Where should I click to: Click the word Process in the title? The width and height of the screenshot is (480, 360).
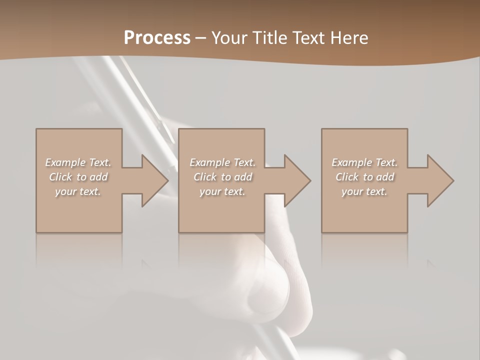pos(157,37)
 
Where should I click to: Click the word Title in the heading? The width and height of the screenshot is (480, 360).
pos(269,37)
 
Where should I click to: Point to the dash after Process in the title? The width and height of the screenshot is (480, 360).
pos(201,38)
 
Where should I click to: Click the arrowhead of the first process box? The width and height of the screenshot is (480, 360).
pos(155,180)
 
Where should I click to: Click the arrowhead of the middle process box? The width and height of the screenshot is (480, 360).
pos(297,180)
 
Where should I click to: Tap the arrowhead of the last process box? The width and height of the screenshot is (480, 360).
pos(440,180)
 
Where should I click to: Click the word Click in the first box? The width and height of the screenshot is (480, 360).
pos(60,177)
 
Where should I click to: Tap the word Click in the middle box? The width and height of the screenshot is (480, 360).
pos(204,177)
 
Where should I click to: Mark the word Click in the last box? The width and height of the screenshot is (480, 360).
pos(346,177)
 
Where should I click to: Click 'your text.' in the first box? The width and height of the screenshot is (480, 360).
pos(78,191)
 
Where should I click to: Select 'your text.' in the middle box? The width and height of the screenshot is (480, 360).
pos(222,191)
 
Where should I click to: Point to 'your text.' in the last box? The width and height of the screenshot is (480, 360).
pos(364,191)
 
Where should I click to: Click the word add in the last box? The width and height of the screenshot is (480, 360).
pos(385,177)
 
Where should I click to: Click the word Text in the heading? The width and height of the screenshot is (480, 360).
pos(307,37)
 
